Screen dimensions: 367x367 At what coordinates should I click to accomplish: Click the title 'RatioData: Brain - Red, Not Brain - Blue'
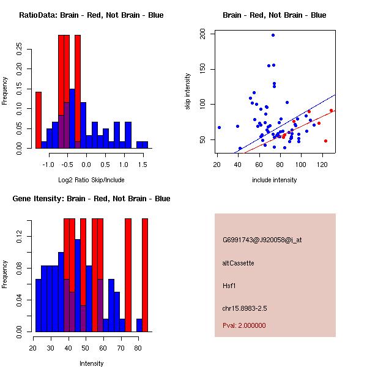[91, 15]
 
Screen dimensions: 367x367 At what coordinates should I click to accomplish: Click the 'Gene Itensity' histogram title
[91, 199]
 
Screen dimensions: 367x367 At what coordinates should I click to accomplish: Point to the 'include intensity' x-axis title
[274, 180]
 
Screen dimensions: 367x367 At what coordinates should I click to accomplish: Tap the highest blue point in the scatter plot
[273, 35]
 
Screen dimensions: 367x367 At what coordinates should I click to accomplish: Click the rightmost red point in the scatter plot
[331, 111]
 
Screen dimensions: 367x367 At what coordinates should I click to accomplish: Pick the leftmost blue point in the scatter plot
[219, 127]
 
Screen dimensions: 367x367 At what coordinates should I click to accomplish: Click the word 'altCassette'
[239, 263]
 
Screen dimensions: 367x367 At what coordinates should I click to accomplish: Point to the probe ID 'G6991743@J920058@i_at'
[262, 240]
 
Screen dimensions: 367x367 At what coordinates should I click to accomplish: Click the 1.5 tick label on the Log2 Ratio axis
[142, 165]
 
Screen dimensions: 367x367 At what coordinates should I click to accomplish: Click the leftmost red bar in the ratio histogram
[38, 120]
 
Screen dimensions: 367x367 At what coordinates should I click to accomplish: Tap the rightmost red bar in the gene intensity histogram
[146, 275]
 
